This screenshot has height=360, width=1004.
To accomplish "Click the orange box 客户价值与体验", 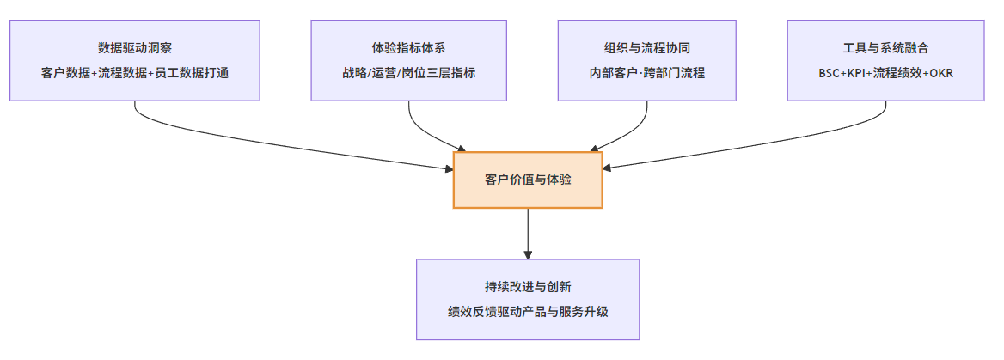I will (x=528, y=180).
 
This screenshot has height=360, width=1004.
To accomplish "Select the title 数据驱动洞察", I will (x=135, y=47).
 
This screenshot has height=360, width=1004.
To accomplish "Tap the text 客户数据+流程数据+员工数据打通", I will (x=135, y=73).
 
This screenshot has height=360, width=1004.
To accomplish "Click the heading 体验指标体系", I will (x=409, y=47).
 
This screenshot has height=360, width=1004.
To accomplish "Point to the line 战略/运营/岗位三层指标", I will (x=409, y=73).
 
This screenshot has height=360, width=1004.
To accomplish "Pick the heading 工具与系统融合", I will (x=886, y=47).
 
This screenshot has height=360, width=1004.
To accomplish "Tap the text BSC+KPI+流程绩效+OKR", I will (x=886, y=73).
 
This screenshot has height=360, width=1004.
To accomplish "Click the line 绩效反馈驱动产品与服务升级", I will (x=528, y=312).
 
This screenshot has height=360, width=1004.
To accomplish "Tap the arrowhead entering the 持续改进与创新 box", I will (x=528, y=253).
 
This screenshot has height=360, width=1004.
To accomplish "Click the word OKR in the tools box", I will (x=940, y=73).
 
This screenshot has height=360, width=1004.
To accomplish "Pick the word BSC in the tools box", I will (x=830, y=73).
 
